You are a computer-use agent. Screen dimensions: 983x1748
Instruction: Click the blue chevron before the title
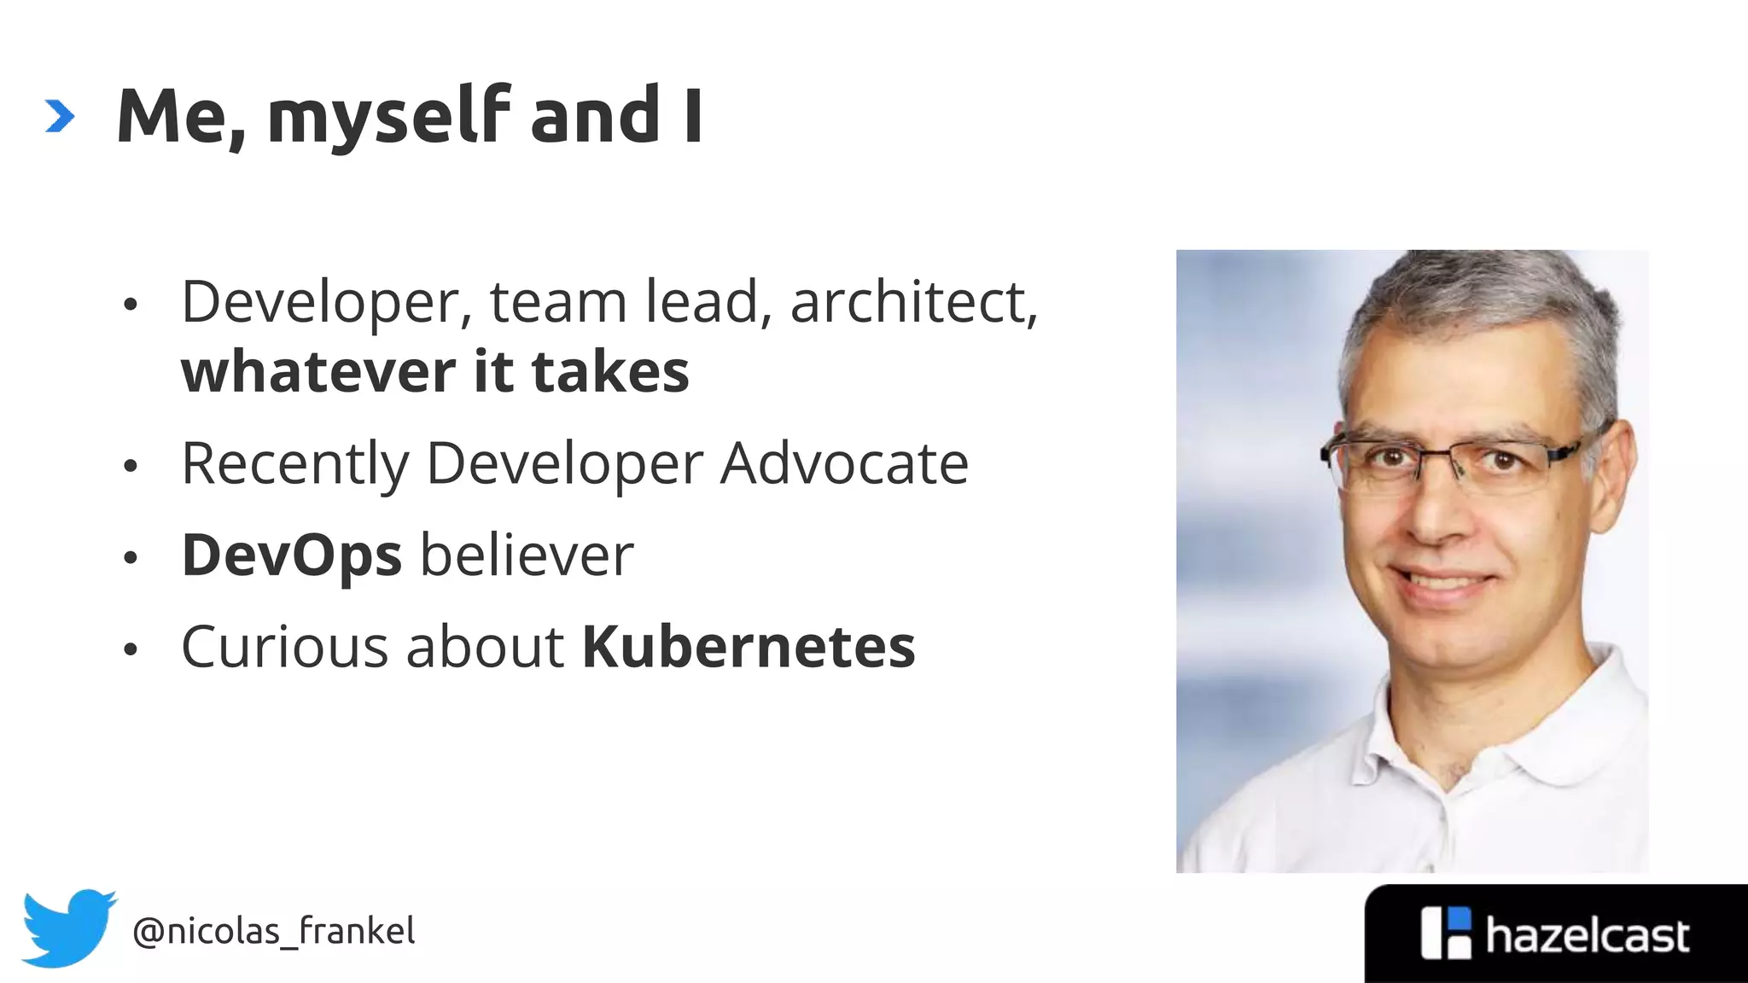coord(60,117)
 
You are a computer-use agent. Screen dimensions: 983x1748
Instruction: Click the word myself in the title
coord(388,117)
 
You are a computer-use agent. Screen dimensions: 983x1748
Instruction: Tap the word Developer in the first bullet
coord(321,302)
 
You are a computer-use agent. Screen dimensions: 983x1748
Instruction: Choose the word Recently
coord(295,465)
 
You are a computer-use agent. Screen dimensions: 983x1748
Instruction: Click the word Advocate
coord(844,465)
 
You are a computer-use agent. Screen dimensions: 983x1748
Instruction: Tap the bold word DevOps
coord(291,555)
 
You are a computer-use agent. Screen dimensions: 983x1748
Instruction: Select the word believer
coord(527,555)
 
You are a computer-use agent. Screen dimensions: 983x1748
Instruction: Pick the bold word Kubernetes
coord(749,647)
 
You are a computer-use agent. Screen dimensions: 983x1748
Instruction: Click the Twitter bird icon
coord(68,928)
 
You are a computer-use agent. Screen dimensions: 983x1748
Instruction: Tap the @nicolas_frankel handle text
coord(273,931)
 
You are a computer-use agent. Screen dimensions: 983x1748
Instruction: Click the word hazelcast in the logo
coord(1587,936)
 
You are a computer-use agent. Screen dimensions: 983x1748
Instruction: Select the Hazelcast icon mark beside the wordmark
coord(1446,934)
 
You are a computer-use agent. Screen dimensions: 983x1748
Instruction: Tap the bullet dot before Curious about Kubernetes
coord(130,649)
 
